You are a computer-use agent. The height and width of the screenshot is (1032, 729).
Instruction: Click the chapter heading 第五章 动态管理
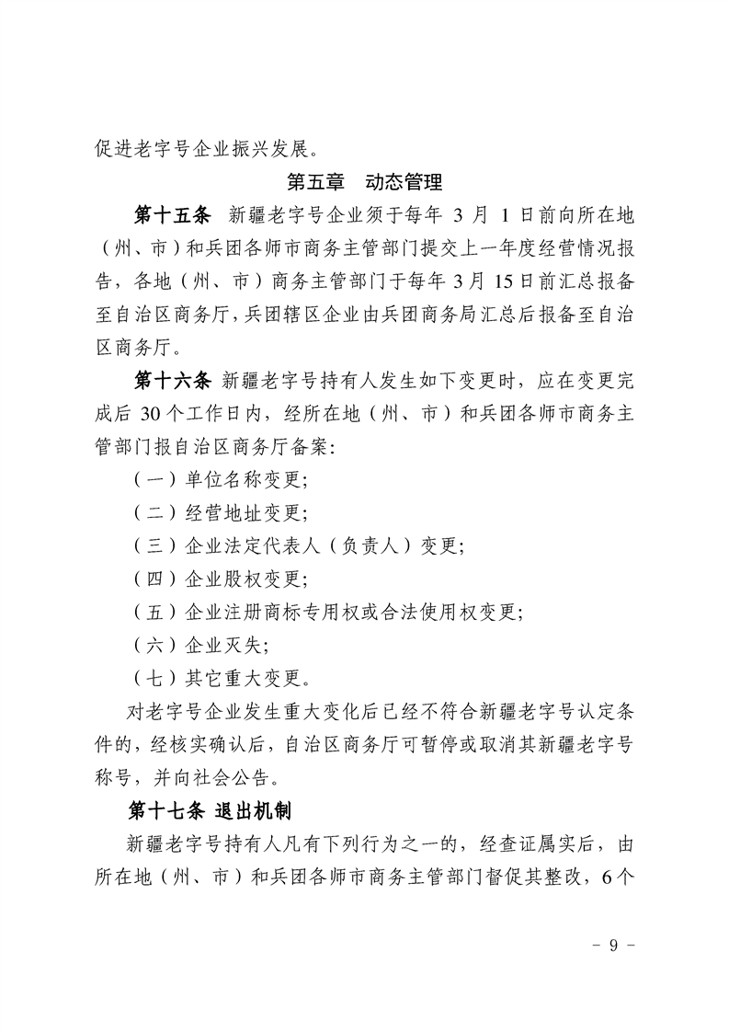tap(365, 181)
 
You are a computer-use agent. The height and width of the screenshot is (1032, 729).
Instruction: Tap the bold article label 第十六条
tap(173, 380)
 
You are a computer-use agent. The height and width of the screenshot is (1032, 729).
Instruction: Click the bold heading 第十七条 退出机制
tap(211, 810)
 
